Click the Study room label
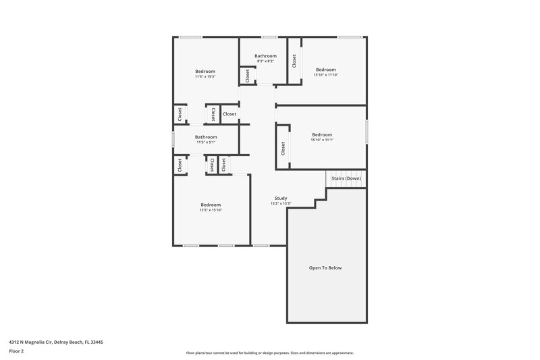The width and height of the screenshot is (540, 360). (280, 198)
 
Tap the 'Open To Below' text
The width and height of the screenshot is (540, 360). (325, 268)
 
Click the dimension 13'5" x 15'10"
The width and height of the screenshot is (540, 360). (211, 210)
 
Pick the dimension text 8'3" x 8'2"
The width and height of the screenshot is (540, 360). (265, 61)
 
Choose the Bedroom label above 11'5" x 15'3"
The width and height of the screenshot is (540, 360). (205, 71)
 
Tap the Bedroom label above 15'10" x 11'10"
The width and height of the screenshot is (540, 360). (325, 70)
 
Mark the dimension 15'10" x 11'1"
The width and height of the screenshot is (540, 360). (322, 140)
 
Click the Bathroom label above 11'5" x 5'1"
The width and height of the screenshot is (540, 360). (206, 137)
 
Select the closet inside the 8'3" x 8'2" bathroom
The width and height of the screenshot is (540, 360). (247, 76)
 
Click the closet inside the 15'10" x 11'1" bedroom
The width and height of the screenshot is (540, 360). (283, 149)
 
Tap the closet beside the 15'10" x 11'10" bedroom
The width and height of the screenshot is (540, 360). (294, 61)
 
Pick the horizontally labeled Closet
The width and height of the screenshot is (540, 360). (230, 114)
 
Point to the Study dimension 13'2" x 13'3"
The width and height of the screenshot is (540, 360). (280, 203)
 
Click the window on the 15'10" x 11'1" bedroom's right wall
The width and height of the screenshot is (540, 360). (367, 132)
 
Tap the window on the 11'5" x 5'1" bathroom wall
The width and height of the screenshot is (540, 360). (173, 139)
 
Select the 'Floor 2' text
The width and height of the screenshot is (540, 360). (17, 351)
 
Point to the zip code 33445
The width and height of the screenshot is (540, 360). (96, 342)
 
